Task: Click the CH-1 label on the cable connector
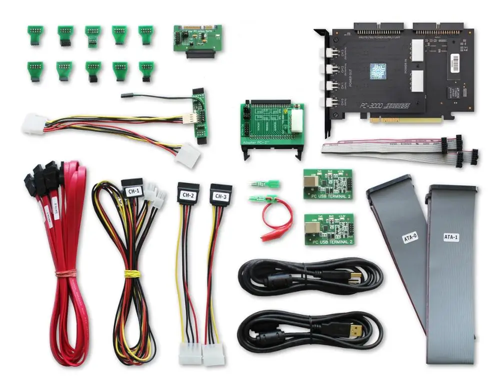[132, 190]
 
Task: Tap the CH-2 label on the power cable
[188, 195]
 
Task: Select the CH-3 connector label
[220, 196]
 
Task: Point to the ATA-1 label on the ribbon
[450, 237]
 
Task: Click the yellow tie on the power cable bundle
[131, 274]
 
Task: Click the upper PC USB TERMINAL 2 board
[327, 184]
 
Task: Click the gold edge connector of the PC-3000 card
[406, 120]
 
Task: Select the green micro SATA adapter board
[197, 39]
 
